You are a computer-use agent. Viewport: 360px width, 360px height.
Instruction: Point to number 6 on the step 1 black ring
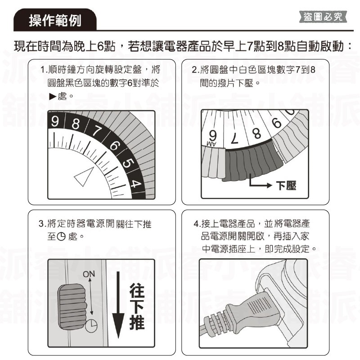[x=114, y=146]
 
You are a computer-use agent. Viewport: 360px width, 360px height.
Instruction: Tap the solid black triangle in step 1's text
[x=53, y=97]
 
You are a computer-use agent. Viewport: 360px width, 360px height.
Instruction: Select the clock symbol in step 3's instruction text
[x=62, y=236]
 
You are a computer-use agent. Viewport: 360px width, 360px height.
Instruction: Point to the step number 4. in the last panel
[x=197, y=224]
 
